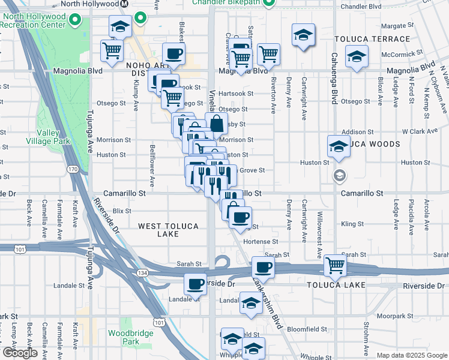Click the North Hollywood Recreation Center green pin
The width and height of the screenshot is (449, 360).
click(x=76, y=21)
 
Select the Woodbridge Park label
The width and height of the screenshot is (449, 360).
click(x=124, y=337)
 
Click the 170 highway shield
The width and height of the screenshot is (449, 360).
click(x=73, y=170)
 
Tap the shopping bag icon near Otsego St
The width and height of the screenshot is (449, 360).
click(x=217, y=124)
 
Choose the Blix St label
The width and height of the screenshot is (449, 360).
click(x=122, y=211)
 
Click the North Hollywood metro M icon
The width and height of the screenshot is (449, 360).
click(x=124, y=4)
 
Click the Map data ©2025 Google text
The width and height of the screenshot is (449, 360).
click(x=411, y=355)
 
